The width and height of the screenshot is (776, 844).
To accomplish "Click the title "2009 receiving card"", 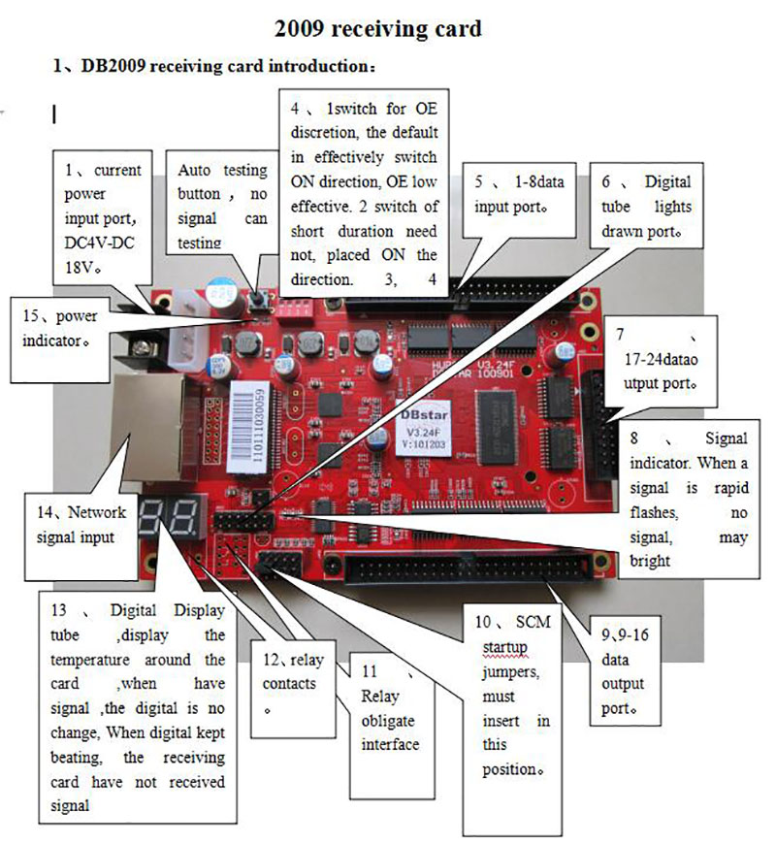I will coord(377,29).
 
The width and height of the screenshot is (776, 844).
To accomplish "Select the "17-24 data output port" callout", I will coord(662,358).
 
